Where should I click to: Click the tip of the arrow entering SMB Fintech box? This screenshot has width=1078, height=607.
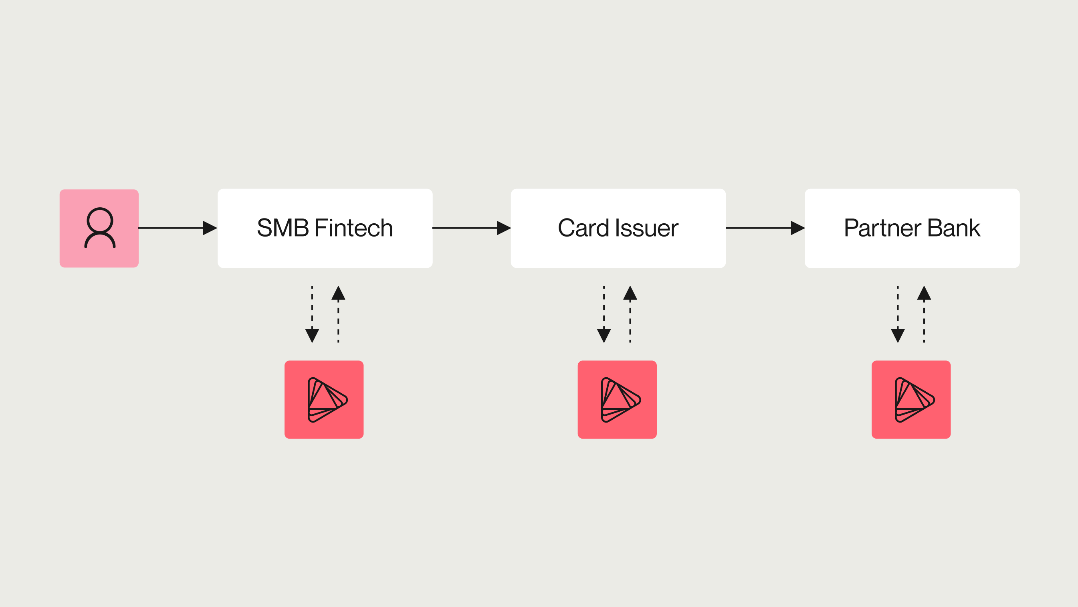[x=217, y=228]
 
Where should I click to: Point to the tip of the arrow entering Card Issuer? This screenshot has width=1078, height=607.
[x=511, y=228]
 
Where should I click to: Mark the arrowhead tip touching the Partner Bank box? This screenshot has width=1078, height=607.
[x=805, y=228]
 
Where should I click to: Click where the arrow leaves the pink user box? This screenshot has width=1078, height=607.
[x=139, y=228]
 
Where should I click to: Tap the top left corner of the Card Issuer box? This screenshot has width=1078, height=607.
[x=511, y=189]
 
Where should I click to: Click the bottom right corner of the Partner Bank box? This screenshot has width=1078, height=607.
[x=1019, y=267]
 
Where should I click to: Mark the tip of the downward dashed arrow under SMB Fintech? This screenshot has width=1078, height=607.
[x=312, y=342]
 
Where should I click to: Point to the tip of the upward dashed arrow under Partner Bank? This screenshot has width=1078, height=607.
[x=924, y=286]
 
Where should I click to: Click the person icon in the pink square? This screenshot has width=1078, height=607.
[x=100, y=228]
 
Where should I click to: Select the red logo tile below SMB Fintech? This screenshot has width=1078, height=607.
[x=324, y=399]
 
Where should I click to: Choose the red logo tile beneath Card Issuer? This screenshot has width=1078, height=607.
[x=617, y=399]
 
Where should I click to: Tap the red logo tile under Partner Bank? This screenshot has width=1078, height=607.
[x=911, y=399]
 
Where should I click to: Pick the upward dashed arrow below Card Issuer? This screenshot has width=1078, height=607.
[x=630, y=314]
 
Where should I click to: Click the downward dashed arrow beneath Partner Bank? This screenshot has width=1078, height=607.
[x=898, y=314]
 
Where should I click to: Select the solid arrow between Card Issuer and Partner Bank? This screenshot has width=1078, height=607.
[x=765, y=228]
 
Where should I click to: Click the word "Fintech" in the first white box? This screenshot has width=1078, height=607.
[x=353, y=228]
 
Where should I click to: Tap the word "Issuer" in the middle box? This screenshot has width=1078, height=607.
[x=646, y=228]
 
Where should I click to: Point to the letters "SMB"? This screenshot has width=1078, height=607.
[x=283, y=228]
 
